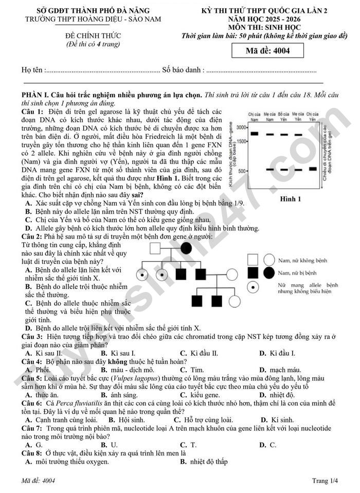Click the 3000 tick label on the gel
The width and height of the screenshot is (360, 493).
242,127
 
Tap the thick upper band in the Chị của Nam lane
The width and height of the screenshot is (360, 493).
254,133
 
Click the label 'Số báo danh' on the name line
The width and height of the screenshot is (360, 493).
182,70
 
